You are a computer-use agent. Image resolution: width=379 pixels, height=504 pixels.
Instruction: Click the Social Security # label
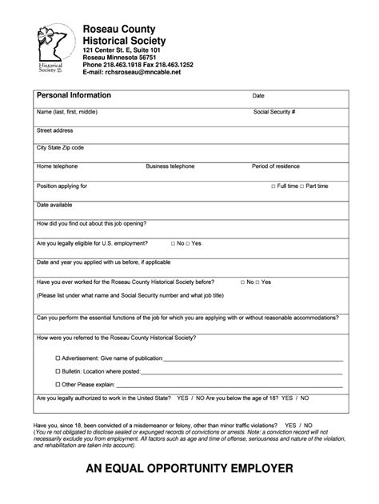274,111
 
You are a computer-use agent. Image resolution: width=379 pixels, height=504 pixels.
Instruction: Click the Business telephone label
170,166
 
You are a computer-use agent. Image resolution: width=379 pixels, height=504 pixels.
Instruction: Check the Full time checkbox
273,186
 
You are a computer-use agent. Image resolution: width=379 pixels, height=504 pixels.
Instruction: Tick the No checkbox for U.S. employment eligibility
174,242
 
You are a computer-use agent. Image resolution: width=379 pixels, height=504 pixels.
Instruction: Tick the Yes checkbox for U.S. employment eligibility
189,242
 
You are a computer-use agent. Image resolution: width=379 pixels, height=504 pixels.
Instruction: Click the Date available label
54,205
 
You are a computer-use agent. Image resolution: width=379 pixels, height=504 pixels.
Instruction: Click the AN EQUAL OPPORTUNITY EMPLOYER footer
189,468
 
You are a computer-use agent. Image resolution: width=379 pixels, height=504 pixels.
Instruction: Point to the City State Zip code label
60,148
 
